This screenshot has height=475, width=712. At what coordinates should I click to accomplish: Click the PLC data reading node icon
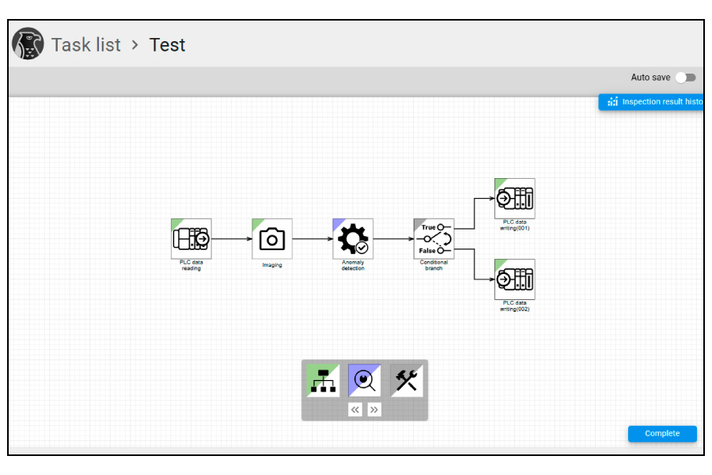[191, 238]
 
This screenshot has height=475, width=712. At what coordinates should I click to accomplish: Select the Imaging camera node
[272, 238]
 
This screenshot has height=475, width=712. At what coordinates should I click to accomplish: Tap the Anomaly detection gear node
[353, 238]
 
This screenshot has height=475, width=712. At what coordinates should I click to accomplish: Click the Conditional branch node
[434, 238]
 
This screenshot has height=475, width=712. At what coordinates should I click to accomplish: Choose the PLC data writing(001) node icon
[514, 198]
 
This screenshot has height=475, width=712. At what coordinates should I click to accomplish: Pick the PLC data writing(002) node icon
[514, 279]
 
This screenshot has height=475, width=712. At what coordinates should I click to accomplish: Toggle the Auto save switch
[686, 78]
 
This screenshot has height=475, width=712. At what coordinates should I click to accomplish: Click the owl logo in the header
[28, 44]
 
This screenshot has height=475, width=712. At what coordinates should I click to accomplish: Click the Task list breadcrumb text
[86, 45]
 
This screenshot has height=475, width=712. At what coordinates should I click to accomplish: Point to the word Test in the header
[168, 45]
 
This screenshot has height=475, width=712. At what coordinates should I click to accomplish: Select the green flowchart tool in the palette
[323, 381]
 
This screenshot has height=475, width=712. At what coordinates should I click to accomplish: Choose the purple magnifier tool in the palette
[365, 381]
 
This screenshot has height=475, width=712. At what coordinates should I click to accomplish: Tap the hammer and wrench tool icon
[407, 381]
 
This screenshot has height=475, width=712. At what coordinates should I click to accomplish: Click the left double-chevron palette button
[355, 409]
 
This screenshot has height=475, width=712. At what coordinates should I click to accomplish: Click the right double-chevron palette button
[374, 409]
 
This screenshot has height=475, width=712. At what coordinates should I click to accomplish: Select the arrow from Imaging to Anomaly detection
[312, 238]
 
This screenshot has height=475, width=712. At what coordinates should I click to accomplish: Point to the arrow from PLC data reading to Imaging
[232, 238]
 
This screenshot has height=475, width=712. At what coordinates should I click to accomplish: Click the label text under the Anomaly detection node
[353, 265]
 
